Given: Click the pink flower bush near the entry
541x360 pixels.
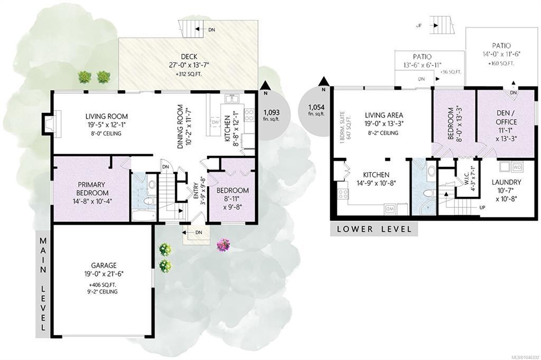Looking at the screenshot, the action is pos(223,245).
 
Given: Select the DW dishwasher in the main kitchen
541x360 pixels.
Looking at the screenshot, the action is pos(215,122).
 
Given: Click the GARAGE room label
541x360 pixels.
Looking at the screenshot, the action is pos(104,266).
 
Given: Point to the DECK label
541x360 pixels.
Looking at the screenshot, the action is pos(189,56).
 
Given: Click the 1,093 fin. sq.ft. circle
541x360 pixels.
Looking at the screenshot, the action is pos(272,115).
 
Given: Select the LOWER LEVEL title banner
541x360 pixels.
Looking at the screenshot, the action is pos(374,229).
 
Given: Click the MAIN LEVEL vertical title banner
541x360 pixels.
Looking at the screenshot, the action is pos(43,284).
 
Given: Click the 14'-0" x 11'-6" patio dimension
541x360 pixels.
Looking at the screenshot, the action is pos(501,54).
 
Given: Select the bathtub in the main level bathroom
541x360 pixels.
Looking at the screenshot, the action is pos(144,215).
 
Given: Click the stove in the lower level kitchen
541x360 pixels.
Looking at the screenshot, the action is pos(342,194).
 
